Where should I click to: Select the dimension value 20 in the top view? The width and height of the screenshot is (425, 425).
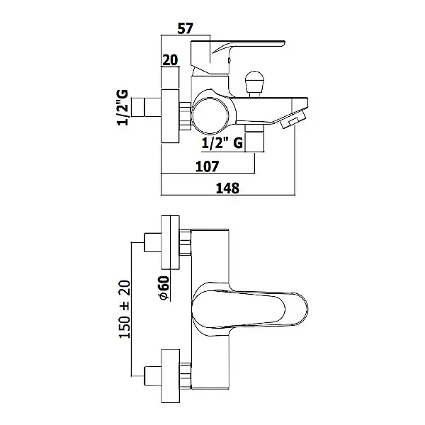point(170,60)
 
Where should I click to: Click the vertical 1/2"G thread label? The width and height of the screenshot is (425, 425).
point(123,108)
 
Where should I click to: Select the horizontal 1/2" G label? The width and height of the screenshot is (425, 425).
point(222,143)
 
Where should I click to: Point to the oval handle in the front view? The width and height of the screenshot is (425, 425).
point(249,305)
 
